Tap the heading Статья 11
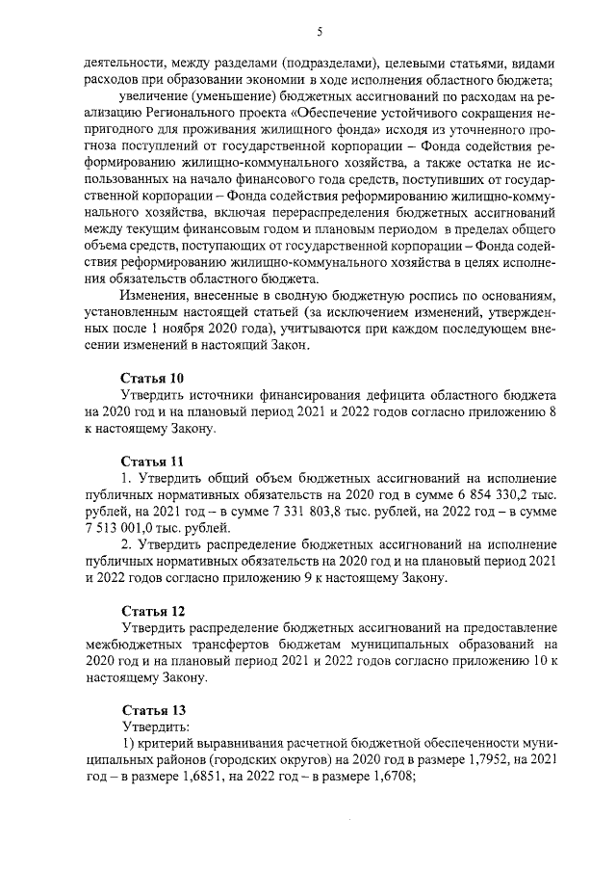click(151, 460)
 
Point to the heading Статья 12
click(151, 611)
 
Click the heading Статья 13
click(151, 709)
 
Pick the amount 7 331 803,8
click(274, 511)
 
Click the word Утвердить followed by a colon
click(155, 726)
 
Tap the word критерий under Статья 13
click(167, 743)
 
